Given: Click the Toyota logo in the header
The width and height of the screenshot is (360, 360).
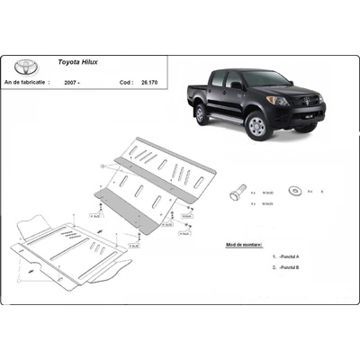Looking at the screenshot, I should click(x=27, y=66).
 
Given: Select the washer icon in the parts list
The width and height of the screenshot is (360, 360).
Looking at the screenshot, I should click(x=295, y=191).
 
